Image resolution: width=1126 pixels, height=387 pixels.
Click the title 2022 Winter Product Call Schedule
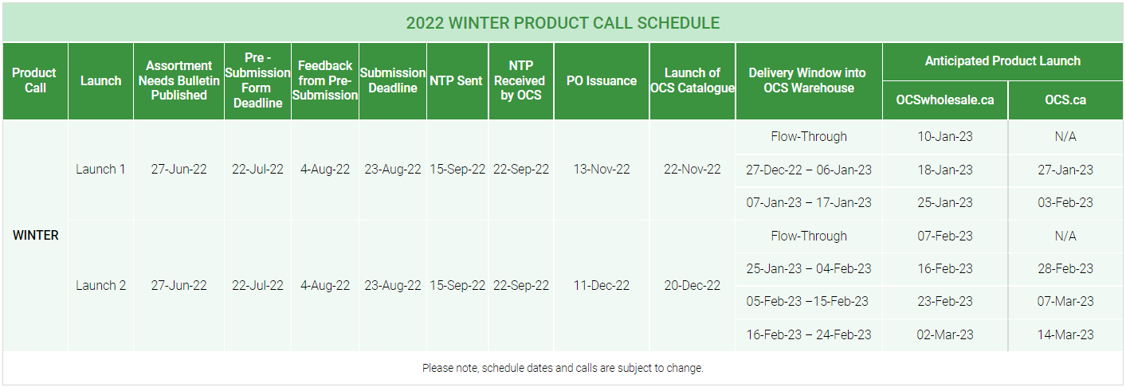[x=563, y=22]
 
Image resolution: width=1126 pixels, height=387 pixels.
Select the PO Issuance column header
[x=601, y=80]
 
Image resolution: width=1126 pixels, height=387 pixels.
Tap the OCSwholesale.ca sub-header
[x=944, y=100]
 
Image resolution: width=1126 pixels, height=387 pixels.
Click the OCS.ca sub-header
[x=1065, y=100]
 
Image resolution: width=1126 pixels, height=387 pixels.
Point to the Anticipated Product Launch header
[x=1002, y=61]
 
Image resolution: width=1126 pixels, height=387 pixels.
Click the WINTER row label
[x=35, y=235]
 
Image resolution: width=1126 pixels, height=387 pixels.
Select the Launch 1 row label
[x=100, y=169]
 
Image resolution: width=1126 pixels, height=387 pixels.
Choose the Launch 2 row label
[x=100, y=285]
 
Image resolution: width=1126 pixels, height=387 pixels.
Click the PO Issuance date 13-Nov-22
[x=601, y=169]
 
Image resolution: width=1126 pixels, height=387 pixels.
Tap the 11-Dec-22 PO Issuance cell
[x=601, y=285]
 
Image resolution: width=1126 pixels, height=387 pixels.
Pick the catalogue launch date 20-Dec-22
[x=692, y=285]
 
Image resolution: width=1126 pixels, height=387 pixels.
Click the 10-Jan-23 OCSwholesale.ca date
[x=944, y=136]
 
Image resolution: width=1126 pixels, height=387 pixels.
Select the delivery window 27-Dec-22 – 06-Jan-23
[x=808, y=170]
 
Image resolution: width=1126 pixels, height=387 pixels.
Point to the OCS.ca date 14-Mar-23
[x=1065, y=334]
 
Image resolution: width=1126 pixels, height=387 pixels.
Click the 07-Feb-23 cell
[x=944, y=236]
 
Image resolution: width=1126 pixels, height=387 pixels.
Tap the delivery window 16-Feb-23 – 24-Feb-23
[x=808, y=334]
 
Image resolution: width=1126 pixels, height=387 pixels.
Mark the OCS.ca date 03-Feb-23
[x=1065, y=202]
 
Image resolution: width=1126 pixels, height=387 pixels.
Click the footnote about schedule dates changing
[x=563, y=368]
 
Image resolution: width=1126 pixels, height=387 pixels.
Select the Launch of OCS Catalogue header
[x=692, y=80]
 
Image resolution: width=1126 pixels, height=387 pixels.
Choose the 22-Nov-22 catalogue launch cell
[x=692, y=169]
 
